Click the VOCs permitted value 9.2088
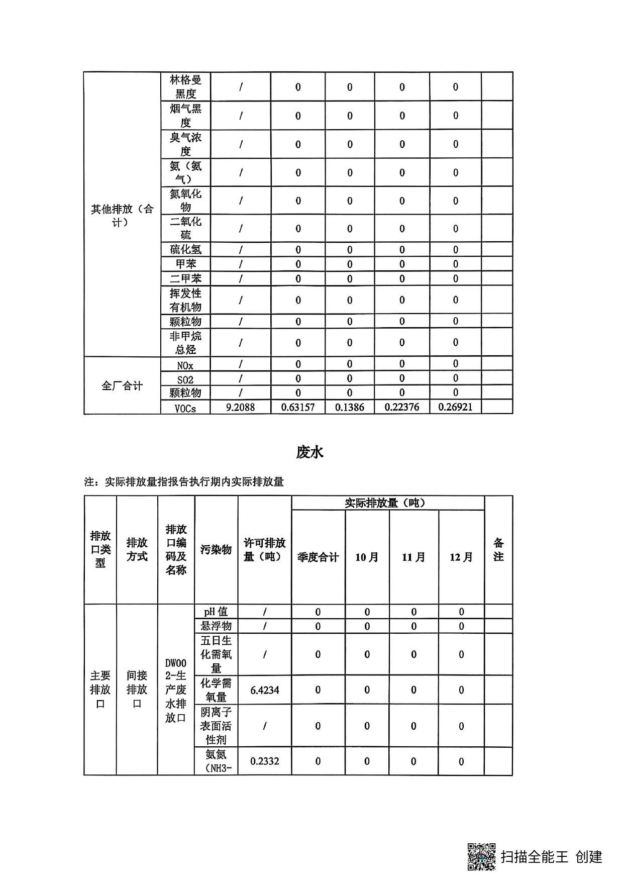pyautogui.click(x=240, y=407)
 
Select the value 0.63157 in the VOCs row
pyautogui.click(x=298, y=407)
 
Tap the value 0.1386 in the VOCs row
pyautogui.click(x=350, y=407)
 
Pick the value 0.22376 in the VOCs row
pyautogui.click(x=402, y=407)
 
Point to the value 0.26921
pyautogui.click(x=455, y=407)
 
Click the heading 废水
pyautogui.click(x=309, y=452)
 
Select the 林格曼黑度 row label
pyautogui.click(x=185, y=86)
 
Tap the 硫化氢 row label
pyautogui.click(x=185, y=250)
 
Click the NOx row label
pyautogui.click(x=185, y=365)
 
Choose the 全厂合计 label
pyautogui.click(x=122, y=386)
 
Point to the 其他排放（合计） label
pyautogui.click(x=122, y=215)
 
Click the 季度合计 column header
pyautogui.click(x=318, y=557)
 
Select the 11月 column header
pyautogui.click(x=413, y=557)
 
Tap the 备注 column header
pyautogui.click(x=498, y=549)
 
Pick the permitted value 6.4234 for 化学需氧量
pyautogui.click(x=265, y=690)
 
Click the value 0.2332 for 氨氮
pyautogui.click(x=265, y=761)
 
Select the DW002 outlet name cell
pyautogui.click(x=176, y=690)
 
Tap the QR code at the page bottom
pyautogui.click(x=482, y=856)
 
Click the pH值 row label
pyautogui.click(x=216, y=612)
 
